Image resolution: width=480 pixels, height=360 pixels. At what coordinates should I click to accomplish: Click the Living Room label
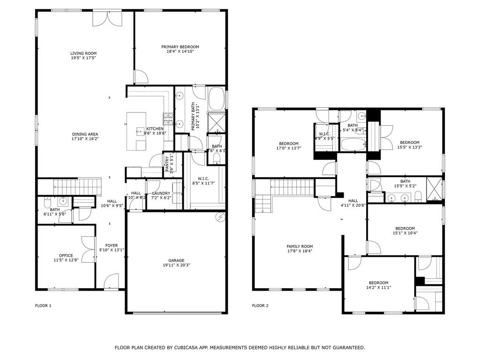[x=83, y=53]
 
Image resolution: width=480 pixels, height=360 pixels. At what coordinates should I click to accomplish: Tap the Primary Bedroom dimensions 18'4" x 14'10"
[x=180, y=52]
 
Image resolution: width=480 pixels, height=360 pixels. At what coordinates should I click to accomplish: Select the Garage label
[x=176, y=261]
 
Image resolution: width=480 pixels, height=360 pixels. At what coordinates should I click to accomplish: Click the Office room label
[x=66, y=255]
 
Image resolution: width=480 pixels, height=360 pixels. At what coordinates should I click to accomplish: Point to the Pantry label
[x=167, y=164]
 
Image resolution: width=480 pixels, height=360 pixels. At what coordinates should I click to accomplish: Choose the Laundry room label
[x=161, y=193]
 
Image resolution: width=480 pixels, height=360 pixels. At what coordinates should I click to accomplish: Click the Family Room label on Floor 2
[x=300, y=247]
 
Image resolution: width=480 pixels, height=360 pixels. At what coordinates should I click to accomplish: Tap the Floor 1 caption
[x=43, y=306]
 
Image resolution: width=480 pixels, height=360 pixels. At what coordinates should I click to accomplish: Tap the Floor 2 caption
[x=260, y=306]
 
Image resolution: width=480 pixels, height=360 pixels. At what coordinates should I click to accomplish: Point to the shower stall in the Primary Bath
[x=217, y=123]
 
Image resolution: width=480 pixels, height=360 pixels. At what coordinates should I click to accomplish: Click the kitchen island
[x=136, y=131]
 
